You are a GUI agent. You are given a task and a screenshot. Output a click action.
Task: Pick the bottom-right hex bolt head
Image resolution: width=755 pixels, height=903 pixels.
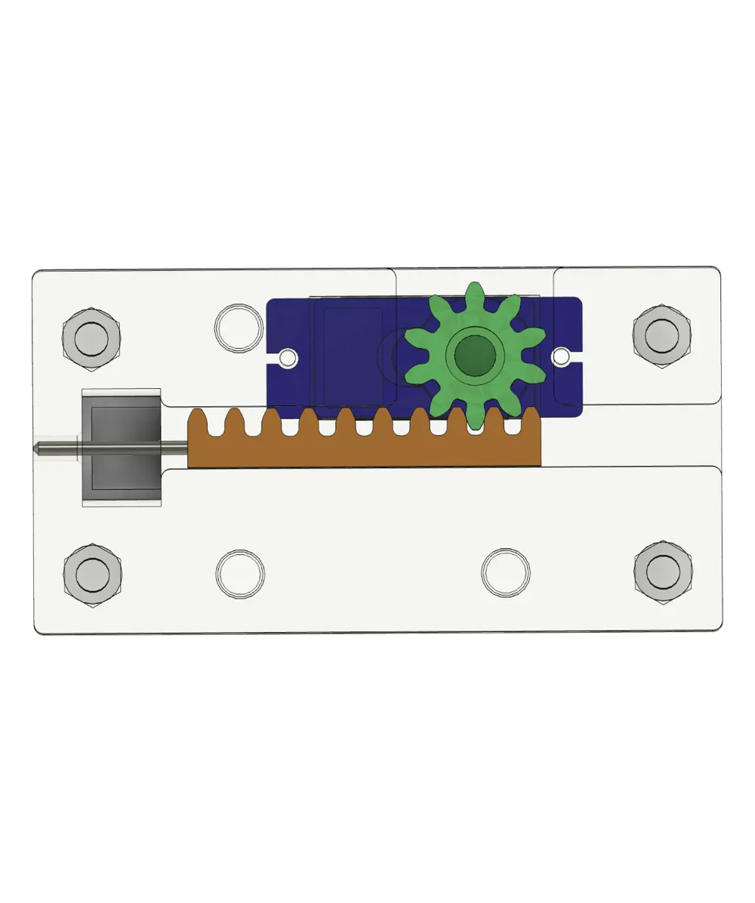click(664, 572)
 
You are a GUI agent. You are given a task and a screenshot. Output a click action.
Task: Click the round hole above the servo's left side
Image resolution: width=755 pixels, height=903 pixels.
click(239, 328)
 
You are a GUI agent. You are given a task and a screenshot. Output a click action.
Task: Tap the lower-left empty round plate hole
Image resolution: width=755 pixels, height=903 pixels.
click(240, 573)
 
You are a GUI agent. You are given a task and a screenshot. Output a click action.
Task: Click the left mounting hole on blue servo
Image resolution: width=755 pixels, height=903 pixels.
click(287, 357)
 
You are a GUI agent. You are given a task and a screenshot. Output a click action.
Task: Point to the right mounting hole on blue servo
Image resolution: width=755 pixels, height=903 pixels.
click(561, 355)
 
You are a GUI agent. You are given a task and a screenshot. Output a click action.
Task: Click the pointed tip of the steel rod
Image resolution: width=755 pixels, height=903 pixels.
click(37, 447)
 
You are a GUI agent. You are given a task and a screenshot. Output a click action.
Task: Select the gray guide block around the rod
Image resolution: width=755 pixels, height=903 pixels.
click(121, 447)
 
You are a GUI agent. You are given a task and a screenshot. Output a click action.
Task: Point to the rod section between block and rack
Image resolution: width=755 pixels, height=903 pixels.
click(174, 447)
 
